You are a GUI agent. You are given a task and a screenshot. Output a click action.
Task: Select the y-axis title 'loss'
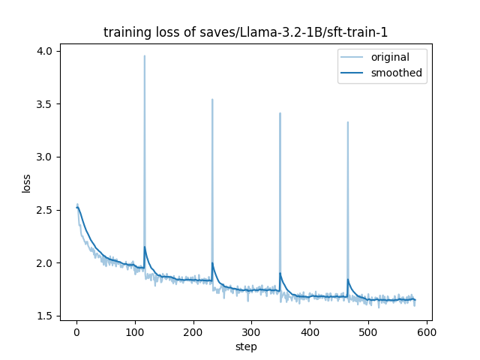pyautogui.click(x=26, y=183)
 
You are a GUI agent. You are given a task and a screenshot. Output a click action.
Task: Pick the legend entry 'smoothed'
pyautogui.click(x=396, y=73)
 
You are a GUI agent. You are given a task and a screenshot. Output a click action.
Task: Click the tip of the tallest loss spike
pyautogui.click(x=145, y=55)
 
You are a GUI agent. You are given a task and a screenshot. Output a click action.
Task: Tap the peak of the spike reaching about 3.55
pyautogui.click(x=212, y=99)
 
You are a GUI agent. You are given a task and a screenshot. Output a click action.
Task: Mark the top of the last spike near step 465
pyautogui.click(x=348, y=121)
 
